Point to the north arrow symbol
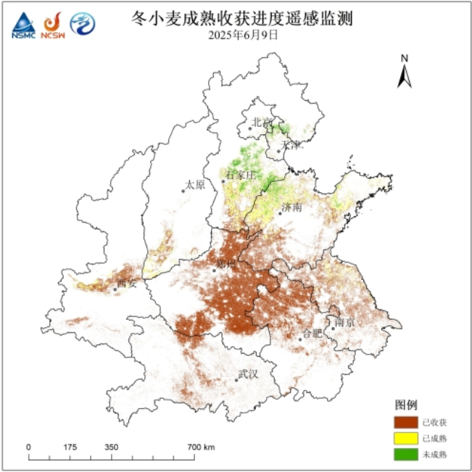pos(405,71)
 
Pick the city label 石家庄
pos(241,175)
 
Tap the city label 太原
pos(195,185)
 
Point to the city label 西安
pos(127,283)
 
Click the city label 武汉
pos(248,374)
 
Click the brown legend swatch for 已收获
pos(407,422)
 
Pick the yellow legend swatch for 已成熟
pos(407,438)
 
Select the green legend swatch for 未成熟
pos(407,454)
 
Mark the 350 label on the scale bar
pos(111,447)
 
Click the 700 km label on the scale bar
pos(202,447)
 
